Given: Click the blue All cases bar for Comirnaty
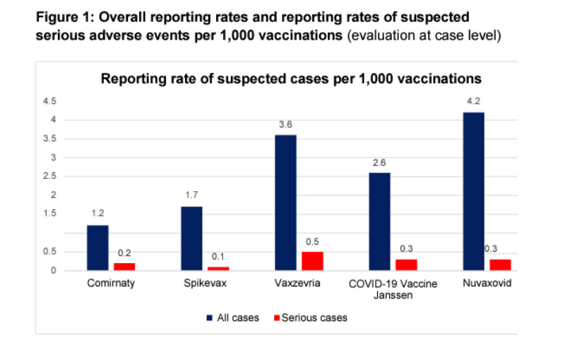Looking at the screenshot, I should coord(97,248).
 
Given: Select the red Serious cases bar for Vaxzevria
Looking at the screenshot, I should coord(312,260).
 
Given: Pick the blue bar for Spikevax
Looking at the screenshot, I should coord(191,238).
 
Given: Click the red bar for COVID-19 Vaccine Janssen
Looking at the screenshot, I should coord(406,265).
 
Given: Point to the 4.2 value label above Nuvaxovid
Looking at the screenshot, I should coord(473,100).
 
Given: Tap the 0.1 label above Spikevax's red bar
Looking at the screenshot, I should coord(219,256).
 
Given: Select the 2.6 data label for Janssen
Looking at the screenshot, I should coord(379,161).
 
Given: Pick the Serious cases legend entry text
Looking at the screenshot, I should coord(314,318).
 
